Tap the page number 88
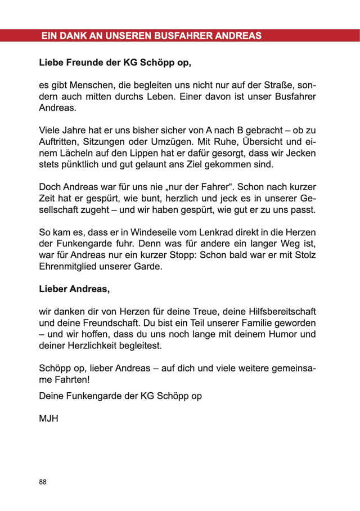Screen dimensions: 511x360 (43, 482)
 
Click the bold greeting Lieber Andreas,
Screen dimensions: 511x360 (74, 289)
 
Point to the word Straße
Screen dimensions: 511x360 (278, 84)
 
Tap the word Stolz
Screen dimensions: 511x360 (304, 255)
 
